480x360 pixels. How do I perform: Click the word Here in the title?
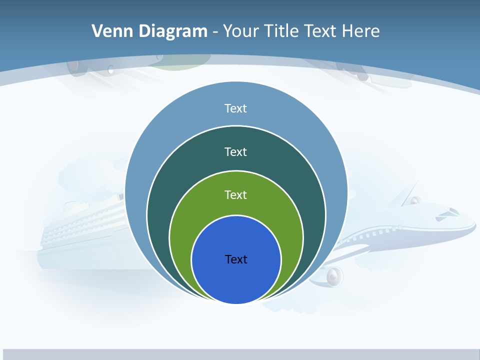tap(360, 31)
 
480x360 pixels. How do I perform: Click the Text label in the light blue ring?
tap(235, 108)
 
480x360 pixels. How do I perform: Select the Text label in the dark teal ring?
tap(235, 151)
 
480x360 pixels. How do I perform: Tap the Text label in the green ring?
tap(235, 194)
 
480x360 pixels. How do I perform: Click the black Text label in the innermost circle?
tap(236, 259)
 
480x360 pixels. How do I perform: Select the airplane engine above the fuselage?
tap(414, 200)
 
